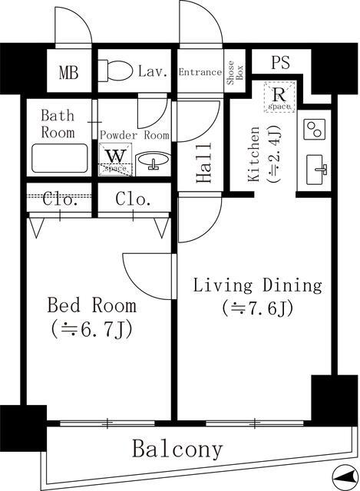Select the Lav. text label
point(154,73)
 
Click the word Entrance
point(200,72)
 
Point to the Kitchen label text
point(256,153)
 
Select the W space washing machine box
point(115,159)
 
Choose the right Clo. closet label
point(133,200)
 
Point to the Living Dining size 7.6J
point(256,309)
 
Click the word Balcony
point(178,450)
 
